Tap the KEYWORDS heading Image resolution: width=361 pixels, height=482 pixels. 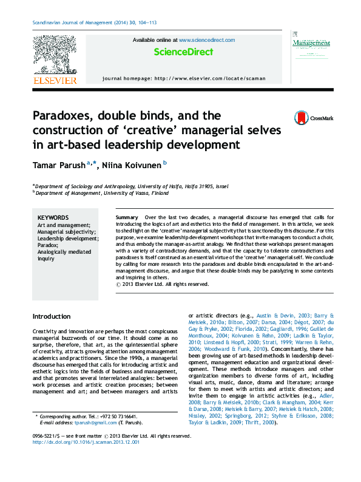click(x=53, y=217)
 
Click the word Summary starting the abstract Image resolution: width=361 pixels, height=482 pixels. click(x=126, y=217)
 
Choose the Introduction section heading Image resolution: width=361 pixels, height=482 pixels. click(x=51, y=316)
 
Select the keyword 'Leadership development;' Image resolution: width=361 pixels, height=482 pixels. click(x=67, y=238)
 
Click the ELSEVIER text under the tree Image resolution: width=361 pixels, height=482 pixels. click(x=54, y=80)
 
